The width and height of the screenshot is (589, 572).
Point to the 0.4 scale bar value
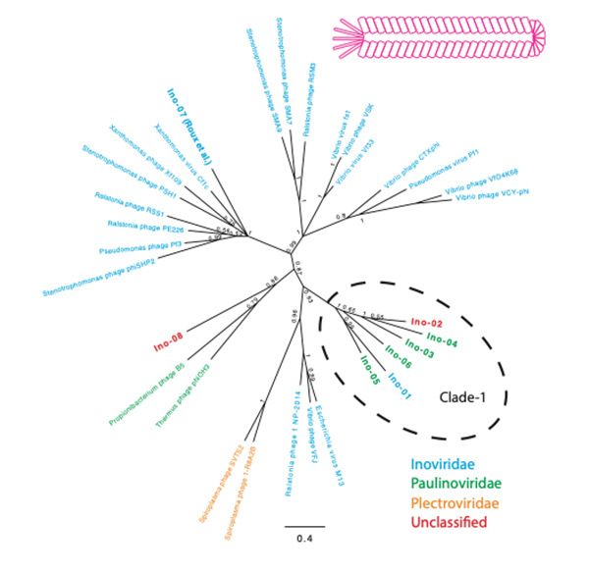tap(304, 541)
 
